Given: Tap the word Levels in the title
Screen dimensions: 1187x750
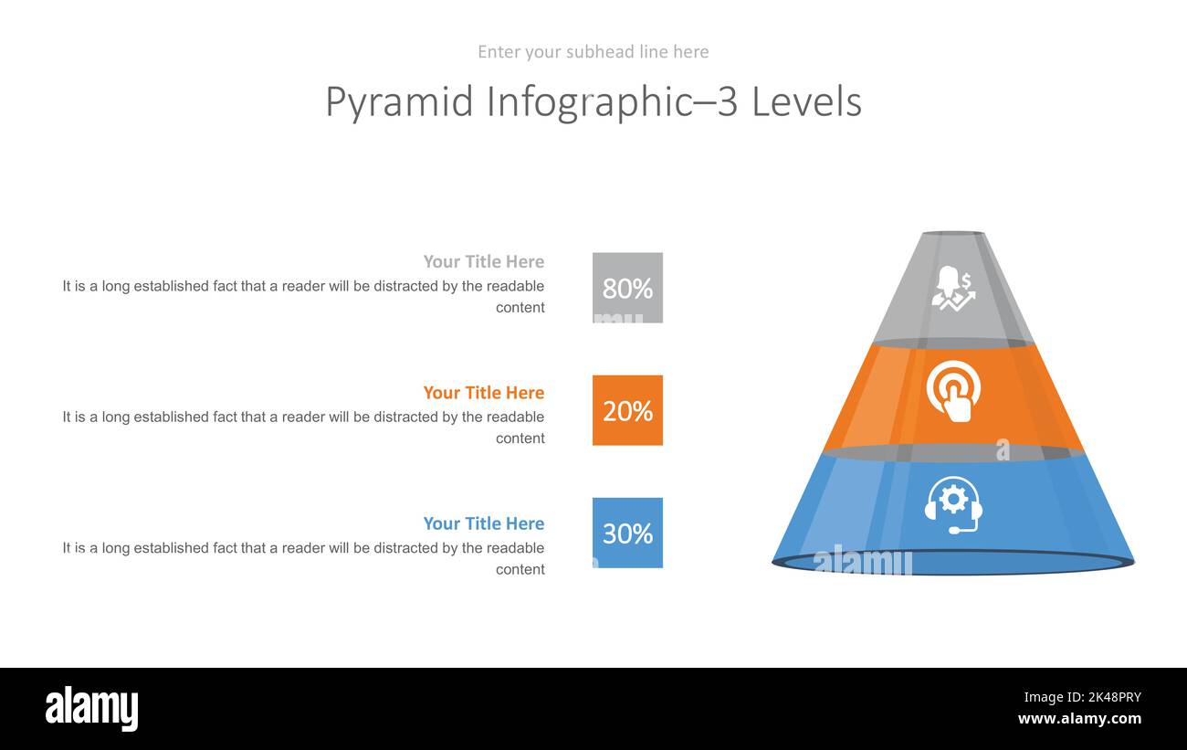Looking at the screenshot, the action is (x=806, y=101).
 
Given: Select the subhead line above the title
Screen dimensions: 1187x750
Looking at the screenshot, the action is (x=593, y=52).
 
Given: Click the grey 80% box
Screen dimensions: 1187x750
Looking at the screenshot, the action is (x=627, y=288).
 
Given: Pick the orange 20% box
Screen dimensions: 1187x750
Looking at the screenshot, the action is (x=627, y=410).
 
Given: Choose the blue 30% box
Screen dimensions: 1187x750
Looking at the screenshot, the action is (x=627, y=533).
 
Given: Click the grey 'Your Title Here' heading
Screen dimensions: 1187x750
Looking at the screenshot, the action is (x=484, y=261).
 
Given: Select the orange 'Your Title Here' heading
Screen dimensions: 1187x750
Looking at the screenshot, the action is (x=484, y=392).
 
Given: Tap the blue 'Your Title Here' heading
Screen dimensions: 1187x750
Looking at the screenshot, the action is (x=484, y=523).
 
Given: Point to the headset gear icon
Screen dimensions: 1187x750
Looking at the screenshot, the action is (x=953, y=505).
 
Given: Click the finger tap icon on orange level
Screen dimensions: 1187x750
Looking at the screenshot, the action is (x=953, y=392).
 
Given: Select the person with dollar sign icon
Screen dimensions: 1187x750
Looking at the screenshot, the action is (x=954, y=289).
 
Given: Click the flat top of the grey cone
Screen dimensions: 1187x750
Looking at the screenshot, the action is (x=954, y=233).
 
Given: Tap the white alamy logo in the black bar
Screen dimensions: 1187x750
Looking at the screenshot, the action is (x=91, y=708).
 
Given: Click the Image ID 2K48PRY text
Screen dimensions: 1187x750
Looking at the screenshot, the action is (x=1083, y=697).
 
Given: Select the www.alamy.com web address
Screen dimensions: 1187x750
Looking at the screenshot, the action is (x=1080, y=719).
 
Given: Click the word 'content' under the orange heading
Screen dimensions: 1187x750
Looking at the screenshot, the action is (x=520, y=438).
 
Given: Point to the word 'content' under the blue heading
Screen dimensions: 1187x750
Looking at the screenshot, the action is (x=520, y=569).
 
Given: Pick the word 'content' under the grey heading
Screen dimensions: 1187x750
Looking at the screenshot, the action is (x=520, y=308).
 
